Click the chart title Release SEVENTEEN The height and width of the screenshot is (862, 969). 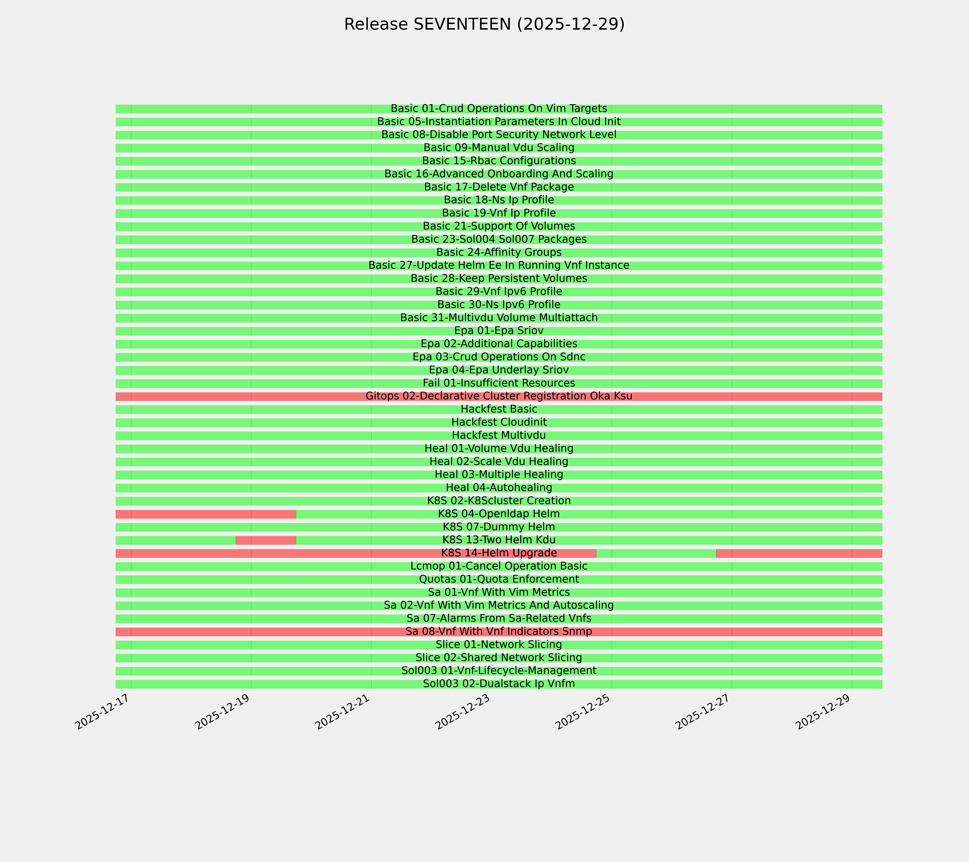[x=484, y=24]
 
